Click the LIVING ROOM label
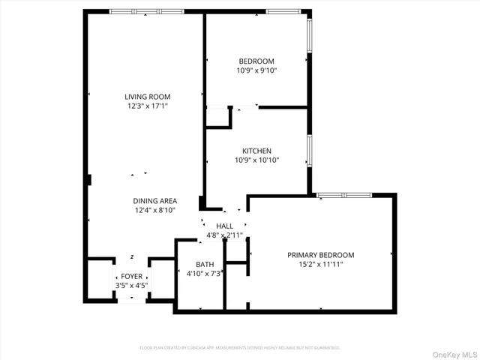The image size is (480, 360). pos(147,97)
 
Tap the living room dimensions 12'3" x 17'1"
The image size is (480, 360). pos(147,106)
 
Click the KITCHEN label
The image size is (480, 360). pos(256,151)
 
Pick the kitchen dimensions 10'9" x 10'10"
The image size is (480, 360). pos(256,160)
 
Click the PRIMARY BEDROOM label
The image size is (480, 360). pos(321,255)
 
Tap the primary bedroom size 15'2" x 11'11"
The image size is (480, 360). pos(321,265)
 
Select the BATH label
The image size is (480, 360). pos(205,265)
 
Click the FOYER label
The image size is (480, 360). pos(132,276)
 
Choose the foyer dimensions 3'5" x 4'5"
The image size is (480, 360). pos(132,286)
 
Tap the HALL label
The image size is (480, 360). pos(225,226)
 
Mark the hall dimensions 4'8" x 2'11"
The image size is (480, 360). pos(225,235)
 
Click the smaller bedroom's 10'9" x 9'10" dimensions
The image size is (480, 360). pos(256,71)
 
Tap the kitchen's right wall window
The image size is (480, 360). pos(308,150)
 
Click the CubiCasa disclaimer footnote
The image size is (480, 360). pos(240,348)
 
